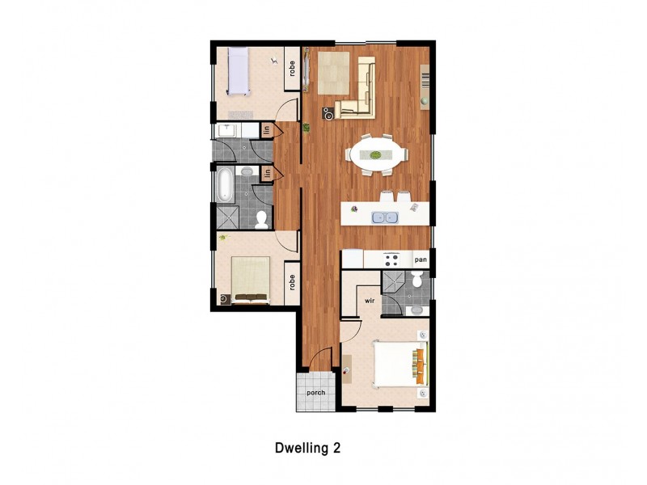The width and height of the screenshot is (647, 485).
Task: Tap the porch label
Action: [315, 394]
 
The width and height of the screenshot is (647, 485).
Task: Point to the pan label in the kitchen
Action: [420, 259]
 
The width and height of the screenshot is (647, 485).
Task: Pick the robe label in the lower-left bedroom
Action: [290, 284]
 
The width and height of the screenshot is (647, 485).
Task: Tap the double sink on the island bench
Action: [383, 216]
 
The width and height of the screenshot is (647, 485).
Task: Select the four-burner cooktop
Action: [392, 259]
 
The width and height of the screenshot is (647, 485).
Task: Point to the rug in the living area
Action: [335, 73]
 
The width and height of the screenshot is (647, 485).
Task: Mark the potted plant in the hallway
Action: [307, 127]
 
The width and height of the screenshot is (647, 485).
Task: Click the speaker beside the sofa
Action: [328, 114]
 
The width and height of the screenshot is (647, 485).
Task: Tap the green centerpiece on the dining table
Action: [374, 154]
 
